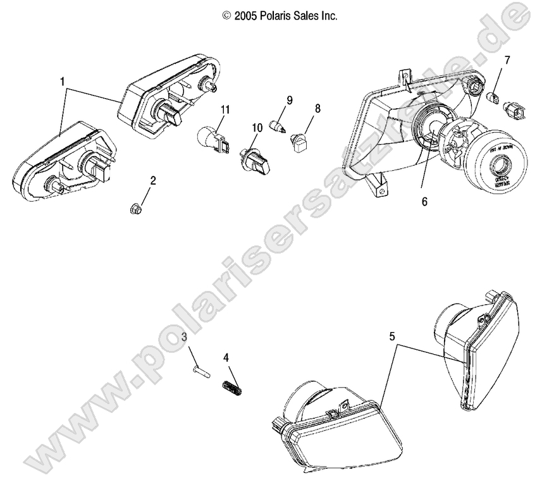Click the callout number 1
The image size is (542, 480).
point(62,82)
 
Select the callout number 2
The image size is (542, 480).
point(152,180)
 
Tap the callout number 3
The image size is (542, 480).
point(184,336)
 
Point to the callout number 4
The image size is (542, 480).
point(226,357)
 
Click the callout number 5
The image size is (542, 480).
point(393,336)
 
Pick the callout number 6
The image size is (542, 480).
point(424,202)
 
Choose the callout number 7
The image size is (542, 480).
point(506,60)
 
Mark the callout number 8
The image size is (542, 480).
point(317,108)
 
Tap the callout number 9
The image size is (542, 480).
point(289,100)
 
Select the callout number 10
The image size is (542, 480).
point(257,128)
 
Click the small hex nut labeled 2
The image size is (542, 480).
point(135,206)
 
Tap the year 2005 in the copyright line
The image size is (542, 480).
point(244,16)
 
